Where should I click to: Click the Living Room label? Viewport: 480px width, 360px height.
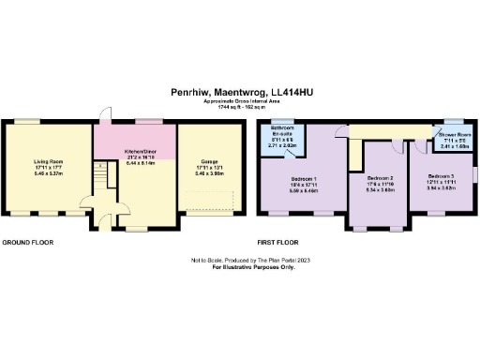coord(48,161)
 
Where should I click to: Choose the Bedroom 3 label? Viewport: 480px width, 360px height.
coord(442,175)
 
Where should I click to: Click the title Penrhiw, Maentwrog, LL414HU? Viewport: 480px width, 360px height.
coord(239,93)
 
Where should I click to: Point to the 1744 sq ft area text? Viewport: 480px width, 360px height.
coord(239,107)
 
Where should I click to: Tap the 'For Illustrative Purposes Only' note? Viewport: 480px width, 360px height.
coord(239,267)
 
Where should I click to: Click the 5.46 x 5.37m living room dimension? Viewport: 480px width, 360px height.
coord(48,174)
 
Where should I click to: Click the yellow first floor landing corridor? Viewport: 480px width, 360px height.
coord(394,130)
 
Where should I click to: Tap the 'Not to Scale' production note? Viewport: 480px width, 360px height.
coord(239,260)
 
